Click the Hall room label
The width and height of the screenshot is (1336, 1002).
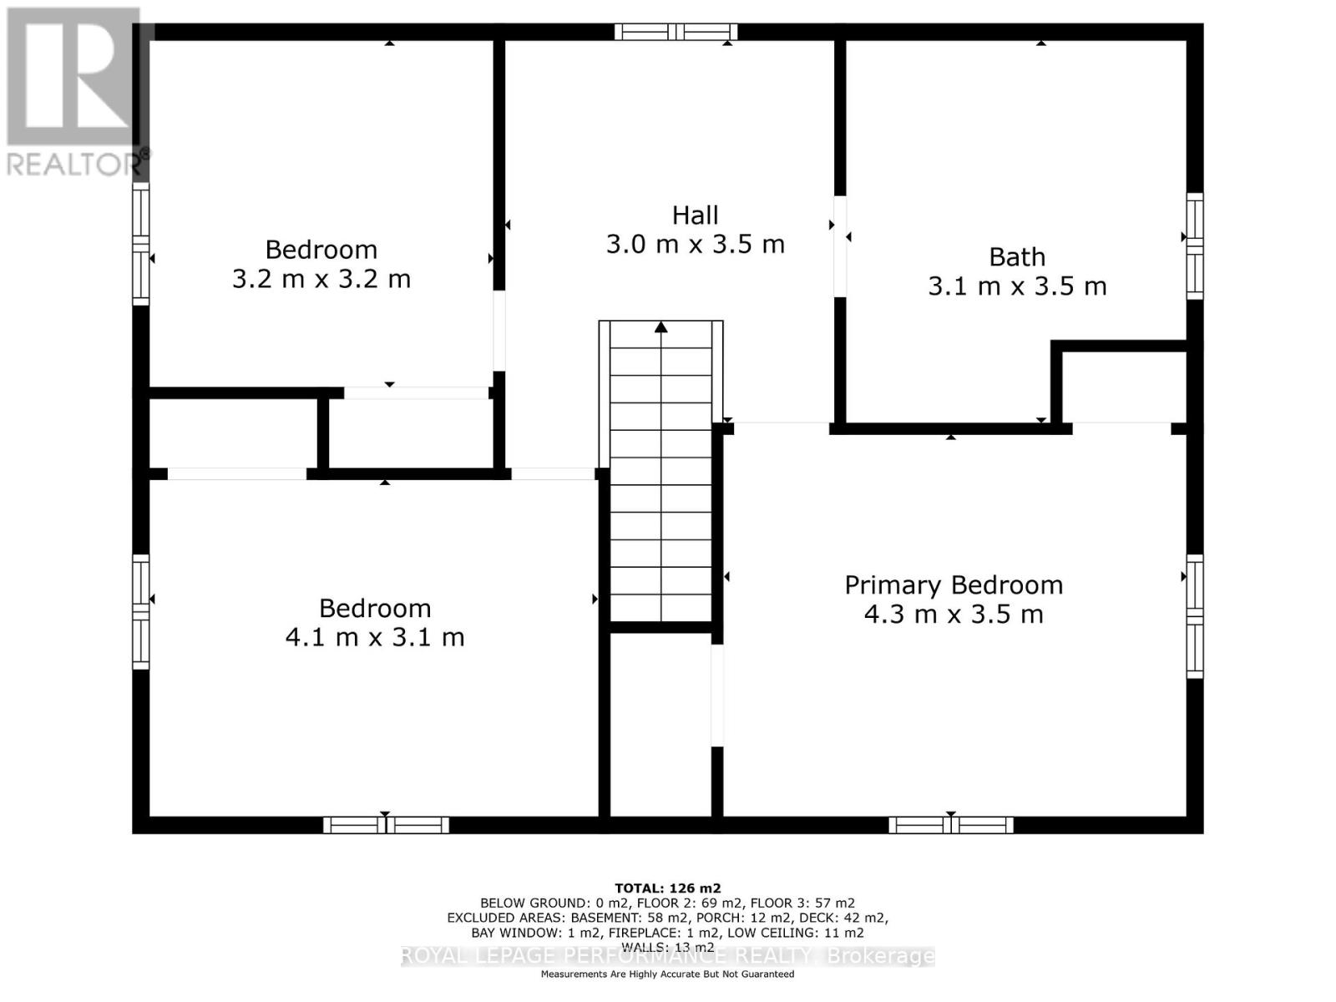(695, 215)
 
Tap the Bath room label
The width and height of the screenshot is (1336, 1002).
(1016, 257)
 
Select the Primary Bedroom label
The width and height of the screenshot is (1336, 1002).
(954, 585)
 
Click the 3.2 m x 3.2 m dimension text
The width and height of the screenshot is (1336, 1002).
(321, 279)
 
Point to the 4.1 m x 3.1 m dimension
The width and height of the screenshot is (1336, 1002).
(375, 637)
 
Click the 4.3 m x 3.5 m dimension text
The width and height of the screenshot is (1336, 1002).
(954, 615)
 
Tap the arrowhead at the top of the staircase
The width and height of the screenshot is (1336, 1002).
(661, 327)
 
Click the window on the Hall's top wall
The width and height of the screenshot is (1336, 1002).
(676, 33)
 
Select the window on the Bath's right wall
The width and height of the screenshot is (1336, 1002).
(1195, 245)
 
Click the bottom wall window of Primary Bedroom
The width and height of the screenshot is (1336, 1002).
(950, 825)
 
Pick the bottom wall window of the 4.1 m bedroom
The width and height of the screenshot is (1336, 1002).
(386, 825)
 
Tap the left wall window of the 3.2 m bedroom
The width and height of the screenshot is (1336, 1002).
(141, 243)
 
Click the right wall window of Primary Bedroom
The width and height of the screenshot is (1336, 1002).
(1195, 616)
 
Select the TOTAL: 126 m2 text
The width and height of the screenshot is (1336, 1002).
(667, 888)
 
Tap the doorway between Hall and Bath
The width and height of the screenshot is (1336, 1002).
(840, 246)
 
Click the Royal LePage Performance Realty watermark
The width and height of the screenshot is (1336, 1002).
(667, 956)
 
